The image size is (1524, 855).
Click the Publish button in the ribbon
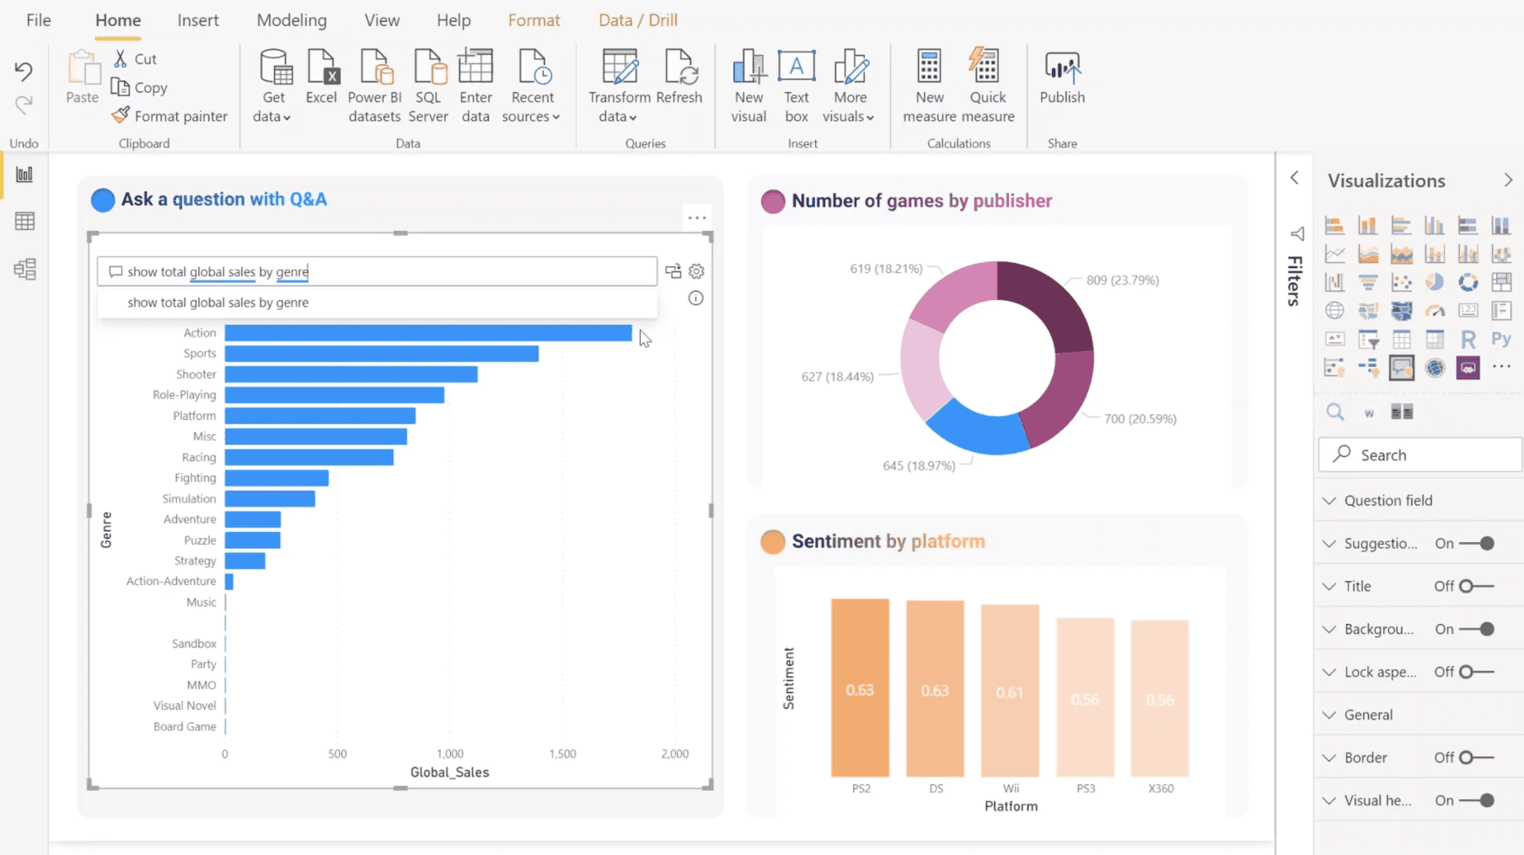[1061, 78]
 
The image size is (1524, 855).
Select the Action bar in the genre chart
[427, 333]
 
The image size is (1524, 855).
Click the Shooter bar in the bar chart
[351, 374]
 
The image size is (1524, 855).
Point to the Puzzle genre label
[200, 540]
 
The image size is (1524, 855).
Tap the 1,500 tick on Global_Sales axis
[562, 754]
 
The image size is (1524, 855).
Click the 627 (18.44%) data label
[837, 377]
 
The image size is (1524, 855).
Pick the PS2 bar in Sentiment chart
[860, 687]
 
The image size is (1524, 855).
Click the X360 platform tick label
[1161, 788]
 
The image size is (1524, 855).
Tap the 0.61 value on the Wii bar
[1010, 692]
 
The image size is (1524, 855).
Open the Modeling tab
[292, 20]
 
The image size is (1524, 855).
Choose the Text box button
[796, 84]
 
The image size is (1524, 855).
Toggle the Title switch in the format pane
[1476, 586]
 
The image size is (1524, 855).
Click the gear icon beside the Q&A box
[696, 272]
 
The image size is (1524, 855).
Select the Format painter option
[170, 116]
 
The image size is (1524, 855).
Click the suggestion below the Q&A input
[218, 303]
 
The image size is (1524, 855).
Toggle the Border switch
[1476, 757]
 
